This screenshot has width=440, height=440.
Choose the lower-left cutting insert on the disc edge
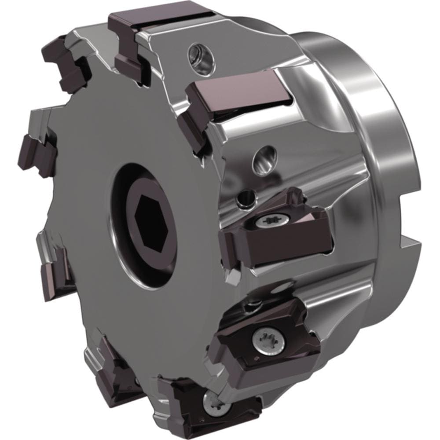55,268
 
